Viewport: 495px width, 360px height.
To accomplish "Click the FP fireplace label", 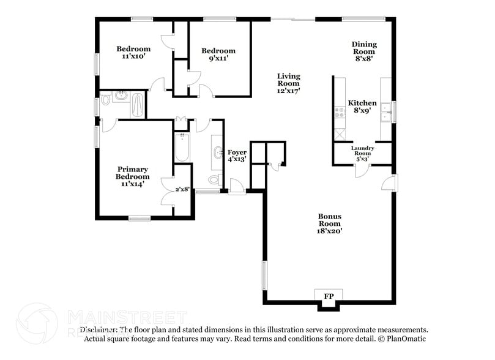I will click(329, 297).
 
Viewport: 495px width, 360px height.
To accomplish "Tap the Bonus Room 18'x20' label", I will click(329, 223).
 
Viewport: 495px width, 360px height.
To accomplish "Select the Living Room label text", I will click(288, 83).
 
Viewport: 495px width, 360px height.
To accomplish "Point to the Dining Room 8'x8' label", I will click(363, 51).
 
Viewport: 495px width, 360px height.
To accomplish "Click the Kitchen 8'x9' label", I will click(362, 107).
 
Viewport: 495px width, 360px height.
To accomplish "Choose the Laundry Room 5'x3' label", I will click(362, 154).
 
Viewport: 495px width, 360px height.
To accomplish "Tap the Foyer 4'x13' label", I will click(237, 156).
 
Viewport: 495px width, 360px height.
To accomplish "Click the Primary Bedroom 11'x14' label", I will click(133, 177).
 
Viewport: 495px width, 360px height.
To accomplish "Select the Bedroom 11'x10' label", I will click(133, 53).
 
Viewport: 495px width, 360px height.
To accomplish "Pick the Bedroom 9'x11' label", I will click(218, 55).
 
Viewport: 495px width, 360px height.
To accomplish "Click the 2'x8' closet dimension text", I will click(183, 190).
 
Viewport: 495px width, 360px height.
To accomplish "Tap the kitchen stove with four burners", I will click(338, 113).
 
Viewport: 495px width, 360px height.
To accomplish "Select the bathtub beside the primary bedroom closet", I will click(182, 147).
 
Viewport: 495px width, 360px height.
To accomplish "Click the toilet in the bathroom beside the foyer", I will click(214, 180).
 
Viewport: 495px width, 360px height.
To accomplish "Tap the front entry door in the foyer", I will click(237, 187).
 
